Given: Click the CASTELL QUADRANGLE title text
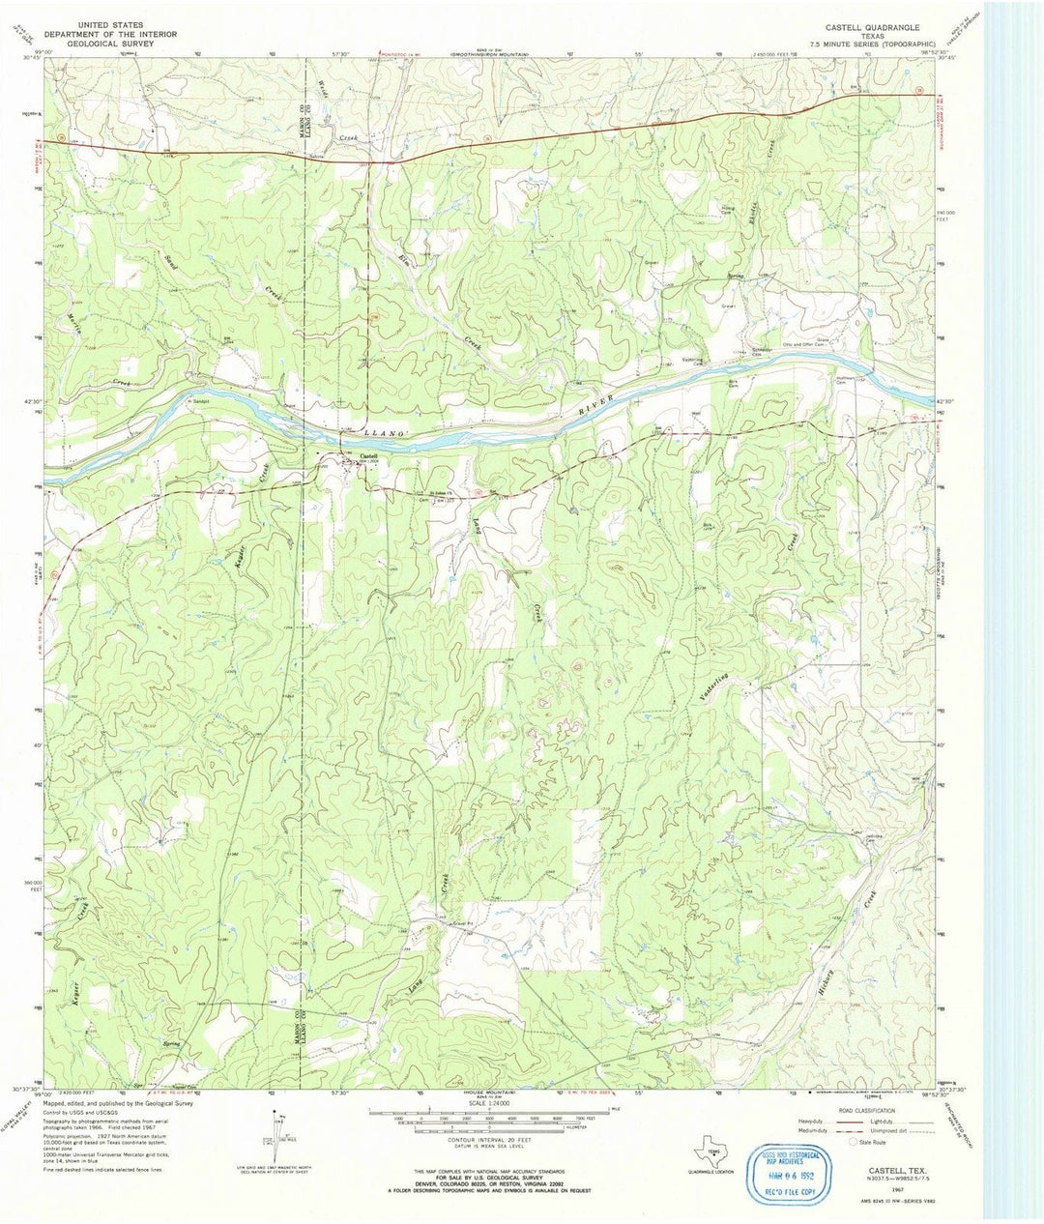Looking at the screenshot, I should (x=871, y=27).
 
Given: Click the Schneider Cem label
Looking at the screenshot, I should (x=764, y=350).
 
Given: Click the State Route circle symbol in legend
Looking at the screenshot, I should (x=852, y=1142).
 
